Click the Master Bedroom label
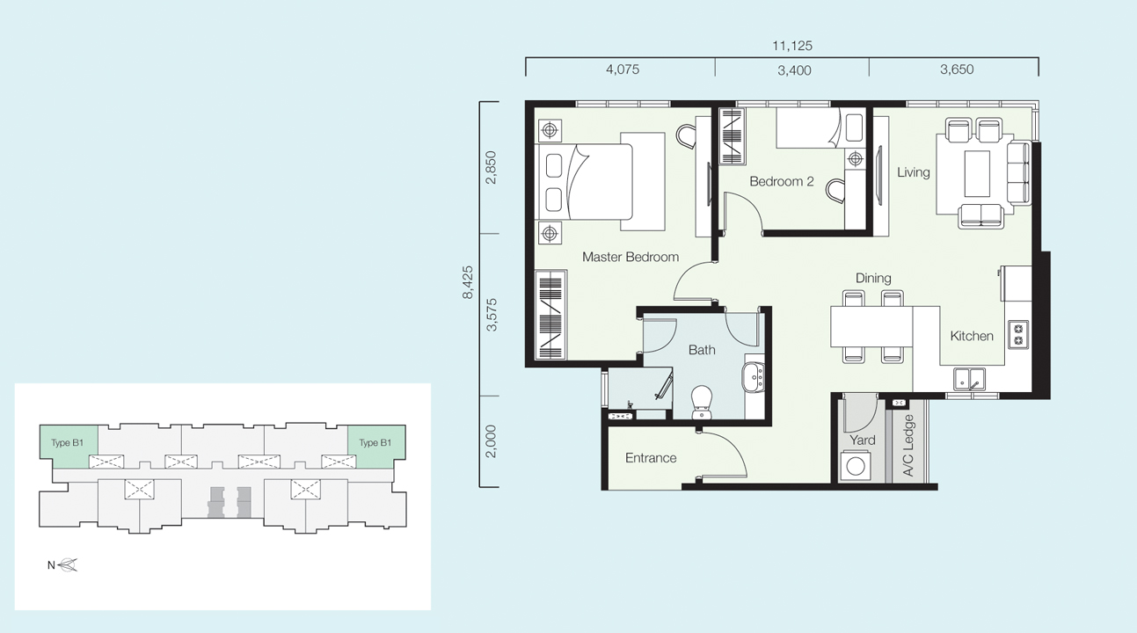(630, 257)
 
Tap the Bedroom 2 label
(782, 181)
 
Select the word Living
(913, 172)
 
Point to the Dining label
(873, 278)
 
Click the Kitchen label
(972, 336)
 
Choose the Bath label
(702, 350)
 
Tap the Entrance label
(651, 458)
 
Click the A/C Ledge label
(908, 445)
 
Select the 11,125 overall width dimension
(792, 46)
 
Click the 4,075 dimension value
(623, 69)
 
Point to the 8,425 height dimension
(468, 282)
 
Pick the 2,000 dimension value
(491, 441)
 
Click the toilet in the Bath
(702, 403)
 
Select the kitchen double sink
(970, 379)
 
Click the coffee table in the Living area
(977, 173)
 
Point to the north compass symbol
(67, 565)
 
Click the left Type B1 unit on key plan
(69, 446)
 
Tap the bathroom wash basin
(754, 377)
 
